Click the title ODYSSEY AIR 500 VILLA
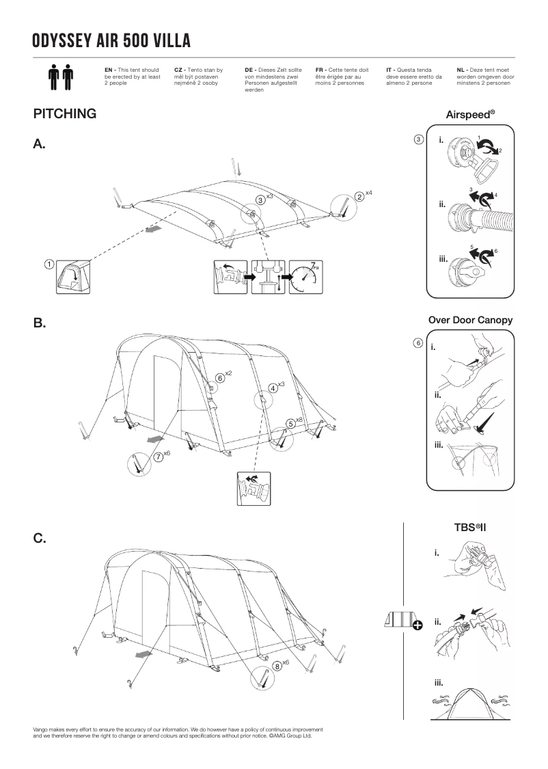point(111,41)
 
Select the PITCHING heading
point(64,114)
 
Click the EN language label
point(109,70)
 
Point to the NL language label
point(461,70)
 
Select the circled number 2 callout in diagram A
point(359,197)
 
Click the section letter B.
point(40,323)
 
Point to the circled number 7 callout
point(158,457)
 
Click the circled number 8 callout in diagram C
point(277,665)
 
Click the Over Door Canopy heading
point(470,320)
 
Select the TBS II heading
point(470,527)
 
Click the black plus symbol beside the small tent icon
point(417,623)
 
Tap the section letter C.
point(40,539)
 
